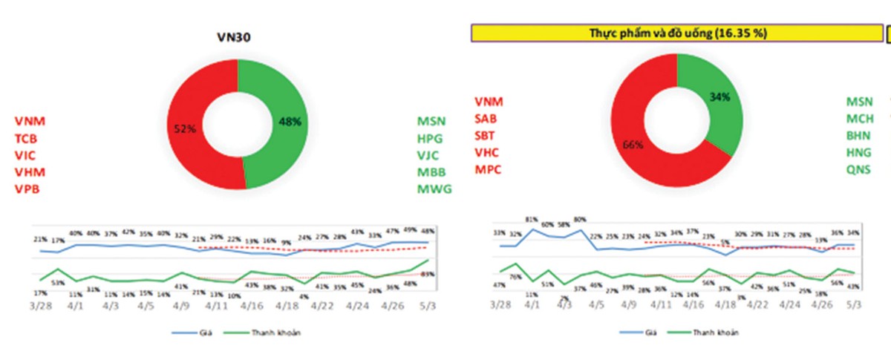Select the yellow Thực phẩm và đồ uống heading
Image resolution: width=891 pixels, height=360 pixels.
(x=676, y=33)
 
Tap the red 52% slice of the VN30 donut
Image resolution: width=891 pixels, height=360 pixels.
(x=185, y=130)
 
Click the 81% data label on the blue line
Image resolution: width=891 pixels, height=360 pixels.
(x=532, y=220)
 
